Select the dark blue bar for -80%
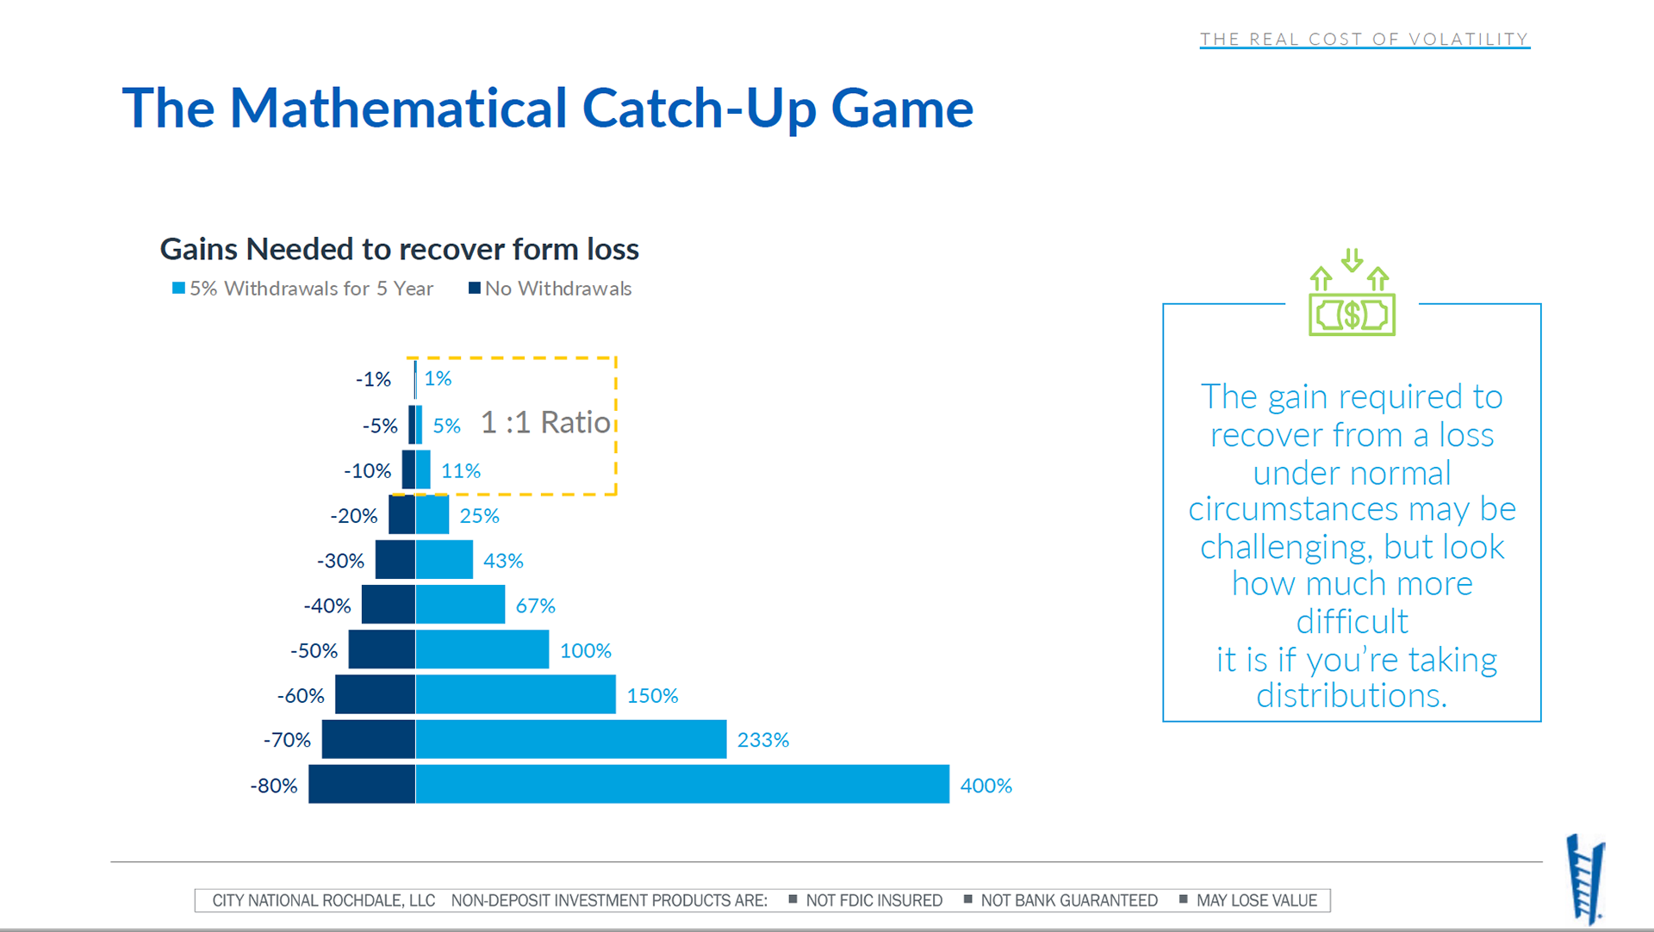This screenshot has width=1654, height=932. [x=362, y=784]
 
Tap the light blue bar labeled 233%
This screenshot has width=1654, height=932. [x=571, y=739]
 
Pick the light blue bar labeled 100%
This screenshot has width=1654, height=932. [x=482, y=649]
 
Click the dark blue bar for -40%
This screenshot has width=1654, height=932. [x=389, y=605]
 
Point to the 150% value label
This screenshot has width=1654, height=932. [x=652, y=695]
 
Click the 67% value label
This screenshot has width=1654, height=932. [x=535, y=606]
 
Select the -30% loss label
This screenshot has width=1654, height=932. [x=340, y=561]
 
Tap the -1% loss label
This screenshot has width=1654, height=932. [x=373, y=379]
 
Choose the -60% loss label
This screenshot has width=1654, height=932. [x=301, y=695]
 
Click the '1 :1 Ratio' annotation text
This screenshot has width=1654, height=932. [x=545, y=422]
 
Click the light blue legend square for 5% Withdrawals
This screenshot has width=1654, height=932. [x=178, y=288]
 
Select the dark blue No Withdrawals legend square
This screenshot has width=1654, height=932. [x=474, y=288]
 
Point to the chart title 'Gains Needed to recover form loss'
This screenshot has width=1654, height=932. [x=399, y=249]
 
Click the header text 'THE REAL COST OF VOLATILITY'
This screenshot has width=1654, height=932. [x=1364, y=39]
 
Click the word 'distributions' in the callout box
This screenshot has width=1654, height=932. [x=1350, y=696]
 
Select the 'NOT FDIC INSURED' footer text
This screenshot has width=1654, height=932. [x=874, y=900]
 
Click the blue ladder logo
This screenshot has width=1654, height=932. [x=1585, y=879]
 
